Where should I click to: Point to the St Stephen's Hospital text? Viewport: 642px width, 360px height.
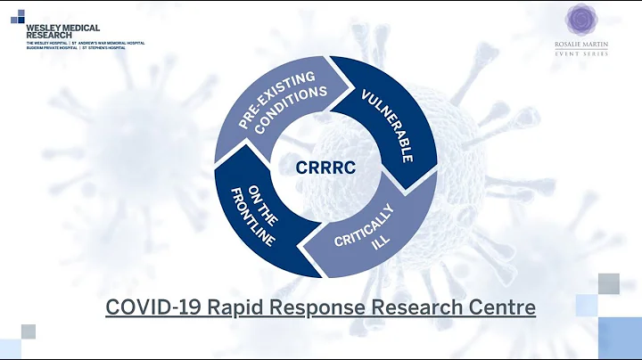(x=105, y=47)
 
